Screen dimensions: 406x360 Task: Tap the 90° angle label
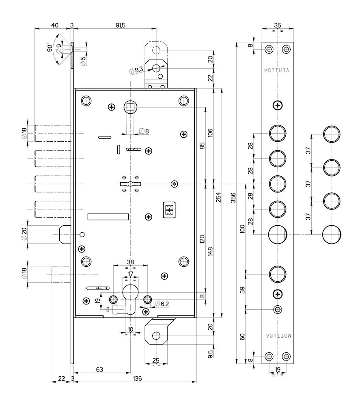tap(50, 48)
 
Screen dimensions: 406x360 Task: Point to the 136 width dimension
tap(137, 378)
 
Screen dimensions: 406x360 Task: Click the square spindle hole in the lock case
tap(131, 108)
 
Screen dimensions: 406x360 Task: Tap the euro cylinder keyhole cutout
tap(130, 298)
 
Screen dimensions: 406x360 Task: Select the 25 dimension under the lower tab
tap(155, 361)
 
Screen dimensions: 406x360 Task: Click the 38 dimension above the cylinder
tap(130, 261)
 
